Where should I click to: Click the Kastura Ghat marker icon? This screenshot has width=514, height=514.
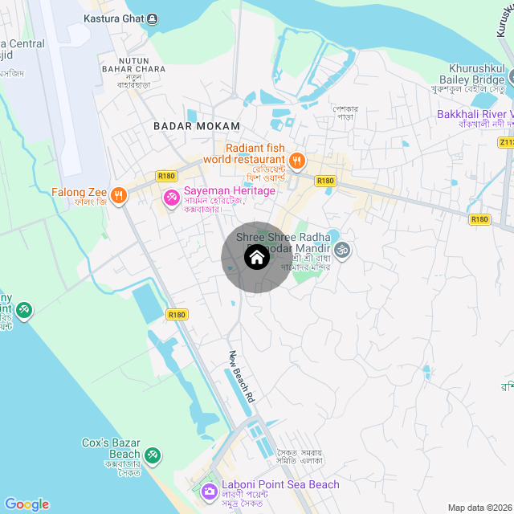click(x=153, y=18)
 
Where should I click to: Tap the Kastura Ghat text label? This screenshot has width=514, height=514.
click(x=114, y=18)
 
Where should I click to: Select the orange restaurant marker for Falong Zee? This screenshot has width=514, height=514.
click(x=119, y=194)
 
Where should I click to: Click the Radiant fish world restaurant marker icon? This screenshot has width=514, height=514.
click(x=296, y=161)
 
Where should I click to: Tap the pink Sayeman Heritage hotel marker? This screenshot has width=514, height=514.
click(x=171, y=197)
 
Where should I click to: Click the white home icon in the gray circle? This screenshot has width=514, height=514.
click(x=256, y=258)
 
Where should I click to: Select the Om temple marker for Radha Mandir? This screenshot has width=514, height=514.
click(x=341, y=250)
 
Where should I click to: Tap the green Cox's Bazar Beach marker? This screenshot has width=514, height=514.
click(x=152, y=455)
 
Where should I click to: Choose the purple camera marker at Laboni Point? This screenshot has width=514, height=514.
click(x=209, y=491)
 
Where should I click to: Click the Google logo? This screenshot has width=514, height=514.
click(x=27, y=504)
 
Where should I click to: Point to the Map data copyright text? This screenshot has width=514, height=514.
click(x=479, y=508)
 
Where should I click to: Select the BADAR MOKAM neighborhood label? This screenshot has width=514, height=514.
click(x=197, y=126)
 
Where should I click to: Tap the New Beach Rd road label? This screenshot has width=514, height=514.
click(x=241, y=376)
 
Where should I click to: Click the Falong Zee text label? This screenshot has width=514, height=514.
click(x=80, y=193)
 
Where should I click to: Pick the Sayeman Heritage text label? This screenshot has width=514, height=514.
click(x=230, y=190)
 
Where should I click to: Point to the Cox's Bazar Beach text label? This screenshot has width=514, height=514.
click(x=112, y=448)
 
